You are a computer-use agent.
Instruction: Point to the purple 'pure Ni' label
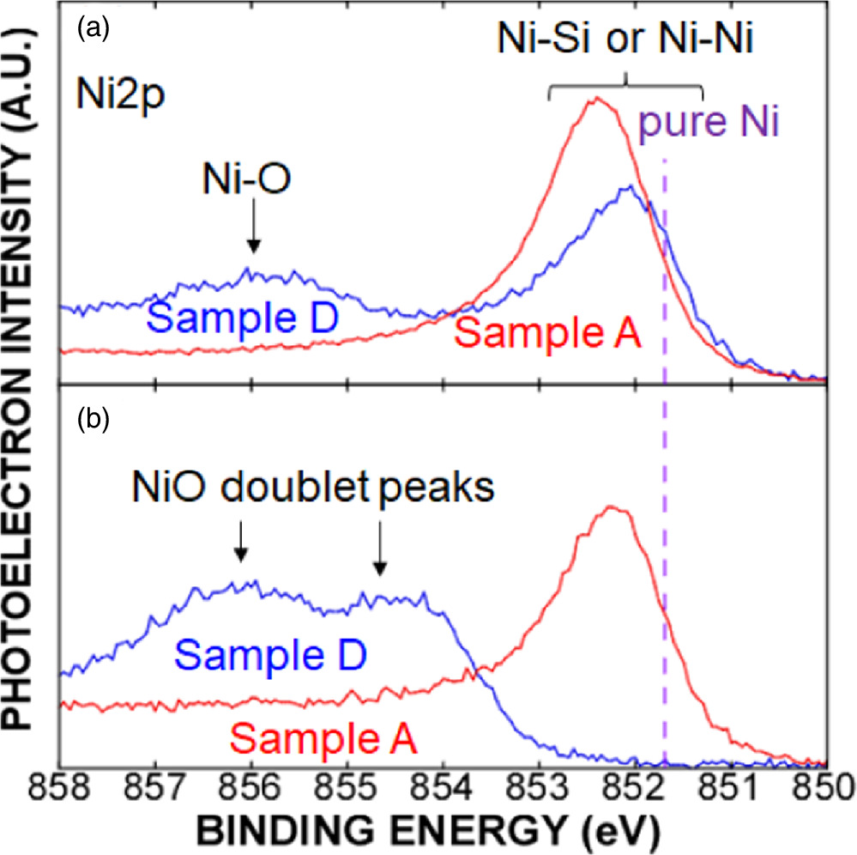click(x=708, y=126)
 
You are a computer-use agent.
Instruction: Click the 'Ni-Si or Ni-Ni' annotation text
click(x=625, y=39)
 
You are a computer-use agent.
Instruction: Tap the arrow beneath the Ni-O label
click(x=253, y=241)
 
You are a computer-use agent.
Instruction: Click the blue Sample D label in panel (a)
click(x=249, y=318)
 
